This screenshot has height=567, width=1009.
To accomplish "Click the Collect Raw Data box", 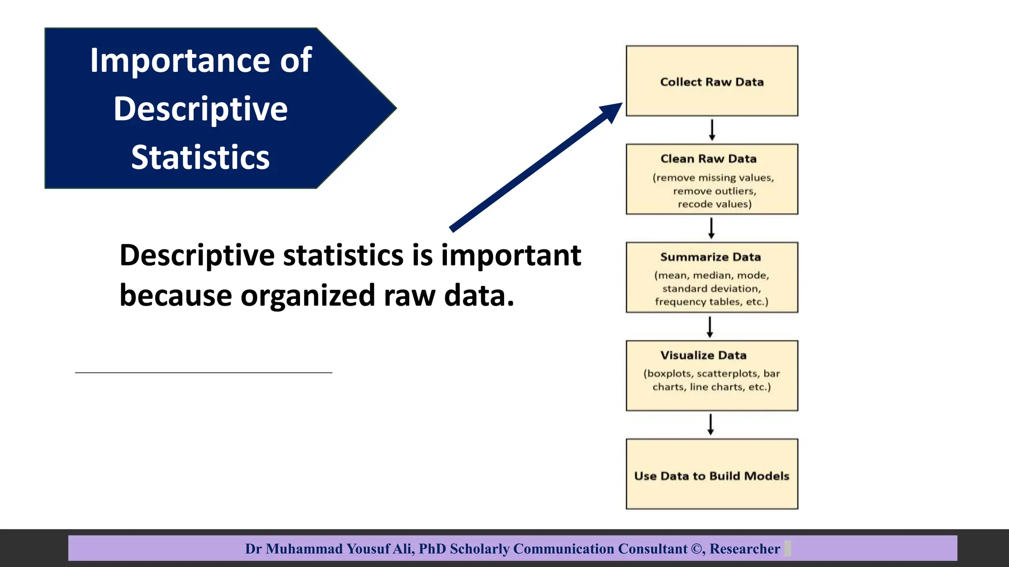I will pos(711,82).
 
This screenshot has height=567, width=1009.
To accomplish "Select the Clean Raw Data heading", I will pos(708,159).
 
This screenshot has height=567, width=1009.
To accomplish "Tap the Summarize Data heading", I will pos(710,257).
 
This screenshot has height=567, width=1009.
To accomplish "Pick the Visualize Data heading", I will pos(704,355).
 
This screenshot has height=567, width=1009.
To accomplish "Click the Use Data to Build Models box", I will pos(711,475).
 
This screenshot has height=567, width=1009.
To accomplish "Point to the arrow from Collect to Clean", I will pos(712,130).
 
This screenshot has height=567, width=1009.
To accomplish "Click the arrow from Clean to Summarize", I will pos(711,228).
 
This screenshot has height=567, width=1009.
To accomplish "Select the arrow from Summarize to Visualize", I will pos(710,327).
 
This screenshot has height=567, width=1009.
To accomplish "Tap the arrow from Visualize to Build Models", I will pos(710,424).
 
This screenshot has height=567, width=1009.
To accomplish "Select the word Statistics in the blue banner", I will pos(200,157).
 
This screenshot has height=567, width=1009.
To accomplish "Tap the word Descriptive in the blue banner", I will pos(201,109).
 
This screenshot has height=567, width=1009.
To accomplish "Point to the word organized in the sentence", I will pos(308,295).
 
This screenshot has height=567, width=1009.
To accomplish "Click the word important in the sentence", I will pos(511,255).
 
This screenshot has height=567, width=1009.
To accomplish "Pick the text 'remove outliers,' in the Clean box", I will pos(714,191).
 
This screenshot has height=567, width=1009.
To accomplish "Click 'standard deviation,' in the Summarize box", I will pos(711,289).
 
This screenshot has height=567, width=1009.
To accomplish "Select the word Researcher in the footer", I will pos(744,549).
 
